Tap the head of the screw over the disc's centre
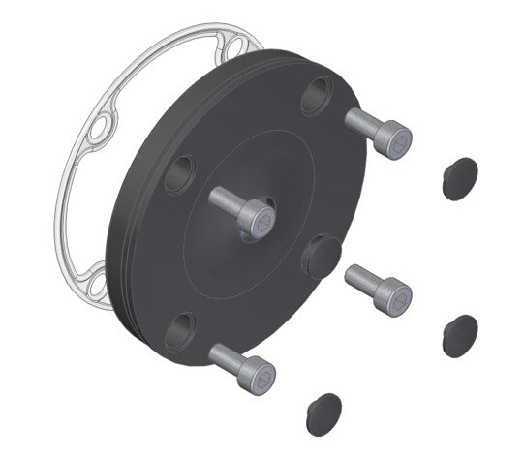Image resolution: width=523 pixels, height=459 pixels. point(257,219)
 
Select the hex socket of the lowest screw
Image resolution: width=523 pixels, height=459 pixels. point(260,379)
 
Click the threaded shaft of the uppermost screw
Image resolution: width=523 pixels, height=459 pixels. point(364,124)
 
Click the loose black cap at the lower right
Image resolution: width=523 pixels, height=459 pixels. point(459,334)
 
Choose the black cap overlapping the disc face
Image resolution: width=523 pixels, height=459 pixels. point(321,256)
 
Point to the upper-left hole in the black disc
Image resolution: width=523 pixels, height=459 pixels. point(179,173)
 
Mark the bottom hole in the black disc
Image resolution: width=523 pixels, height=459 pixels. point(180,331)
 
